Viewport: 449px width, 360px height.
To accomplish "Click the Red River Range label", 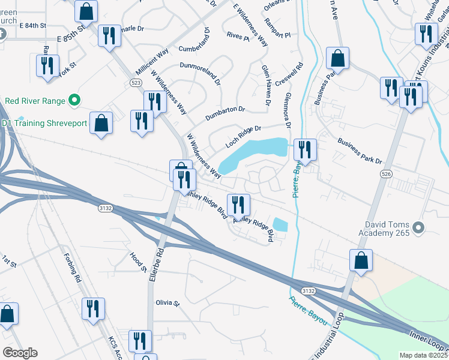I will (x=35, y=100).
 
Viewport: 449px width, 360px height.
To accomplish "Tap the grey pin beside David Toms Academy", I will (x=420, y=227).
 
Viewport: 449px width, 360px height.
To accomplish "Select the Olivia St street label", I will (x=167, y=304).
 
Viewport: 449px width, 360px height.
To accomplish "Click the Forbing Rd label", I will (x=72, y=267).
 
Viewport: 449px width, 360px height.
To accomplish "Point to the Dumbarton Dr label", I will (x=226, y=109).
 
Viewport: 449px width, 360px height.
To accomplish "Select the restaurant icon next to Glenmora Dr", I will (x=305, y=150).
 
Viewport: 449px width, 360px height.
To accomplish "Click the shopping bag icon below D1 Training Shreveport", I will (x=101, y=123).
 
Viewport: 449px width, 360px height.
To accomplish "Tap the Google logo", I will (x=20, y=353).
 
